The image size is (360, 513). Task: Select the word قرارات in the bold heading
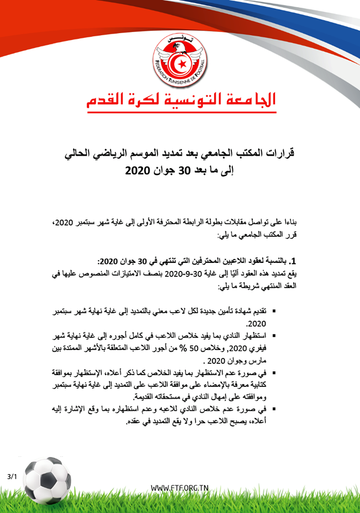(278, 153)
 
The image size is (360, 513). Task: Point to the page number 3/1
(12, 476)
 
